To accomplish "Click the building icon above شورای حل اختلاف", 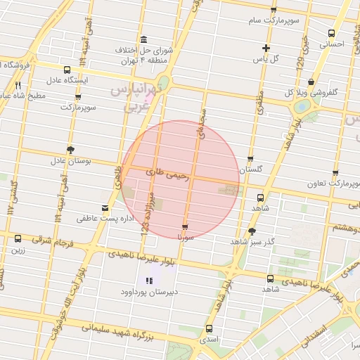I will [x=144, y=39].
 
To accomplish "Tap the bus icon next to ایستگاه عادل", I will [x=67, y=70].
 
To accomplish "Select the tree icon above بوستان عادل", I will [x=70, y=149].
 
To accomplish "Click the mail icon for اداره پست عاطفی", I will [x=105, y=207].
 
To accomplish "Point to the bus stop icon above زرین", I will [x=18, y=238].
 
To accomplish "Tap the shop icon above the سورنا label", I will [x=185, y=227].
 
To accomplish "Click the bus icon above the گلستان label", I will [x=250, y=159].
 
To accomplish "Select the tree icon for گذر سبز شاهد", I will [x=252, y=231].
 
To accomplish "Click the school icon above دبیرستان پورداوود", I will [x=138, y=281].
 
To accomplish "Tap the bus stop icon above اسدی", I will [x=209, y=328].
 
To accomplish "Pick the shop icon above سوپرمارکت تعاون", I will [x=335, y=172].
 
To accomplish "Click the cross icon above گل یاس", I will [x=265, y=48].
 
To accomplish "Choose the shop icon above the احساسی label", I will [x=331, y=33].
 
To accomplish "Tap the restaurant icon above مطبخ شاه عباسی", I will [x=27, y=85].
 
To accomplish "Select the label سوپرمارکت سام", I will [x=274, y=20].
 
